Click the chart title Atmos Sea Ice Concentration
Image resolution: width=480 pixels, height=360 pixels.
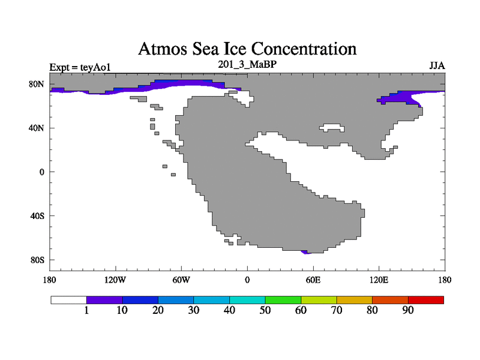pyautogui.click(x=247, y=48)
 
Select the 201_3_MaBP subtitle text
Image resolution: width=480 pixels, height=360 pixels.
pyautogui.click(x=247, y=63)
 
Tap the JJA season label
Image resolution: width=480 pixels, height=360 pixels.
pyautogui.click(x=436, y=65)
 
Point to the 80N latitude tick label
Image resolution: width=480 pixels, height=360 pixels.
pyautogui.click(x=37, y=84)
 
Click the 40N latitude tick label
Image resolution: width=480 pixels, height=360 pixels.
pyautogui.click(x=37, y=128)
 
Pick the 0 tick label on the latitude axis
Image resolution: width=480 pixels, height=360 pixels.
pyautogui.click(x=41, y=172)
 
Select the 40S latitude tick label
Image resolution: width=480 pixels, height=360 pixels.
pyautogui.click(x=37, y=216)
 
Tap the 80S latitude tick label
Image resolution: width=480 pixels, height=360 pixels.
pyautogui.click(x=37, y=260)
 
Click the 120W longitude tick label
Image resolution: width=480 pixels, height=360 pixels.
pyautogui.click(x=115, y=280)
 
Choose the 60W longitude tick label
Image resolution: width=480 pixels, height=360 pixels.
pyautogui.click(x=181, y=280)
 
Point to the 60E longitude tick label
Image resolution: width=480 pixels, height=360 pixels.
pyautogui.click(x=313, y=280)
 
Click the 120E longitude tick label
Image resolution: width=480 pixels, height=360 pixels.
pyautogui.click(x=379, y=280)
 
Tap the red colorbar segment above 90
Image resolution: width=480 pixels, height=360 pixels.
pyautogui.click(x=426, y=299)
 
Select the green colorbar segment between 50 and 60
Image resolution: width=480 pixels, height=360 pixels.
pyautogui.click(x=283, y=299)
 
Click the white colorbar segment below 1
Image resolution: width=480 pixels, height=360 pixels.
pyautogui.click(x=69, y=299)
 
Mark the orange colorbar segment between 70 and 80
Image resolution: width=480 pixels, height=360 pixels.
pyautogui.click(x=355, y=299)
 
